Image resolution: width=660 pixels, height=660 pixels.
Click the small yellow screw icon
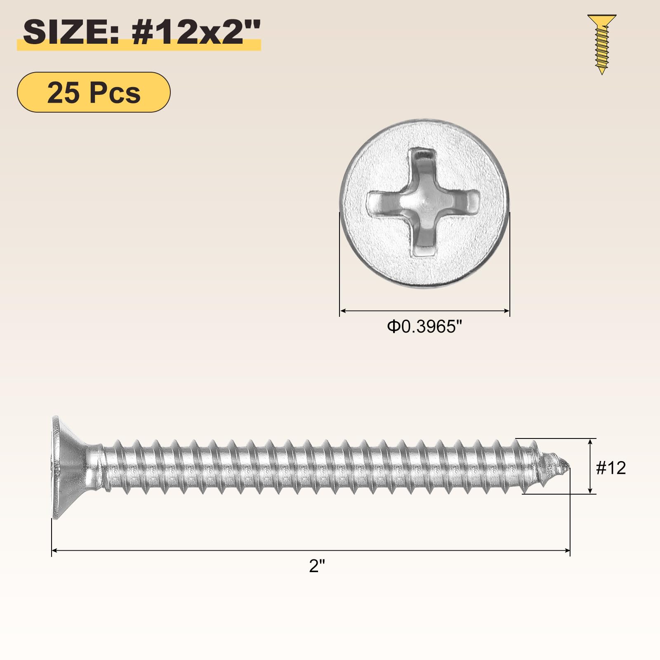tap(602, 44)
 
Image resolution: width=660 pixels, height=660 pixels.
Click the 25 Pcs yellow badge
tap(94, 92)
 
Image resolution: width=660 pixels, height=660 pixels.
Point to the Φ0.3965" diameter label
tap(424, 327)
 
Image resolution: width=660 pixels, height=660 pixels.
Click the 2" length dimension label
tap(317, 566)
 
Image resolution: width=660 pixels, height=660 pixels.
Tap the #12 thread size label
tap(611, 468)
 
